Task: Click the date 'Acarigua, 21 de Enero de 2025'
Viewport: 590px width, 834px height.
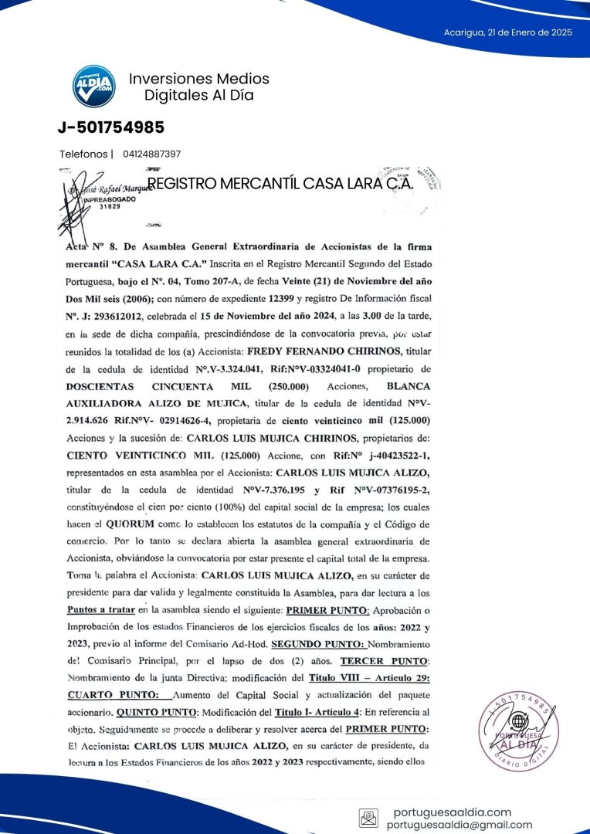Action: (507, 32)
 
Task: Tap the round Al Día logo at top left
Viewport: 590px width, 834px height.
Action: (94, 86)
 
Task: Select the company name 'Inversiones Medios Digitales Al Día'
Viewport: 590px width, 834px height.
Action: (198, 87)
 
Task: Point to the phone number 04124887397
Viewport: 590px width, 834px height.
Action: (151, 154)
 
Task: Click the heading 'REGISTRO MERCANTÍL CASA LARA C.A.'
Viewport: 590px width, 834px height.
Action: (280, 184)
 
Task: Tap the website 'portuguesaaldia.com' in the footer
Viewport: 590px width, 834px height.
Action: (452, 812)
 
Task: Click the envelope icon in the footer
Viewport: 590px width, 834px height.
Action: (369, 817)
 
